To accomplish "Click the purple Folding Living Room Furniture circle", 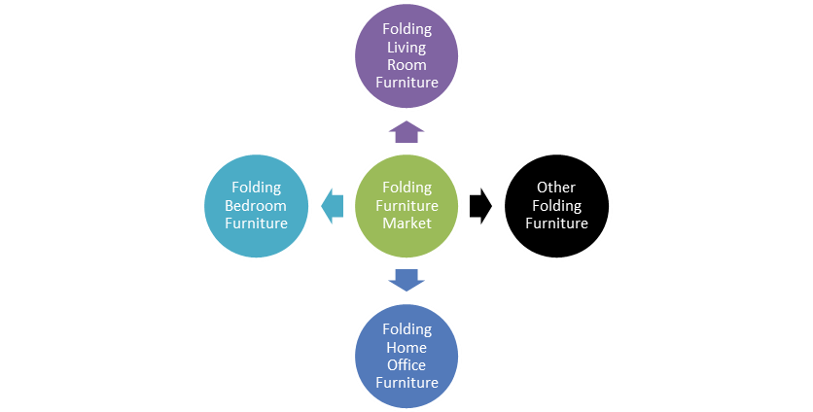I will tap(406, 55).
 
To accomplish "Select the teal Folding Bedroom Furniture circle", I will tap(257, 205).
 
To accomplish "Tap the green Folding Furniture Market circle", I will tap(406, 205).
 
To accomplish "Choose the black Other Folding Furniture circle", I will tap(556, 205).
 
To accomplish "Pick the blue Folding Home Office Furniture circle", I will tap(406, 355).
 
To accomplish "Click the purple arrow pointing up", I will tap(406, 132).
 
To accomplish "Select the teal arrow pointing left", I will tap(333, 205).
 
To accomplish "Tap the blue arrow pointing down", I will tap(406, 279).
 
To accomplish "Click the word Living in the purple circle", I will tap(406, 47).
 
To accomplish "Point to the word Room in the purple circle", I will tap(406, 64).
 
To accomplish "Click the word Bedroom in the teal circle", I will tap(257, 205).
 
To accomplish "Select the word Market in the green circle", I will tap(406, 223).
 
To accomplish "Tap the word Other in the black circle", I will tap(556, 188).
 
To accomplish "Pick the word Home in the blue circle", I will tap(406, 347).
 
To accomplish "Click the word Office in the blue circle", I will tap(406, 364).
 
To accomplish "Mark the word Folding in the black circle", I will tap(556, 205).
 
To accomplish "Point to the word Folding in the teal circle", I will tap(257, 188).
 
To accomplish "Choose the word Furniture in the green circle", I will tap(406, 205).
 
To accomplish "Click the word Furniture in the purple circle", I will tap(406, 83).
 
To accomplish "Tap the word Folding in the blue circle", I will tap(406, 329).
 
